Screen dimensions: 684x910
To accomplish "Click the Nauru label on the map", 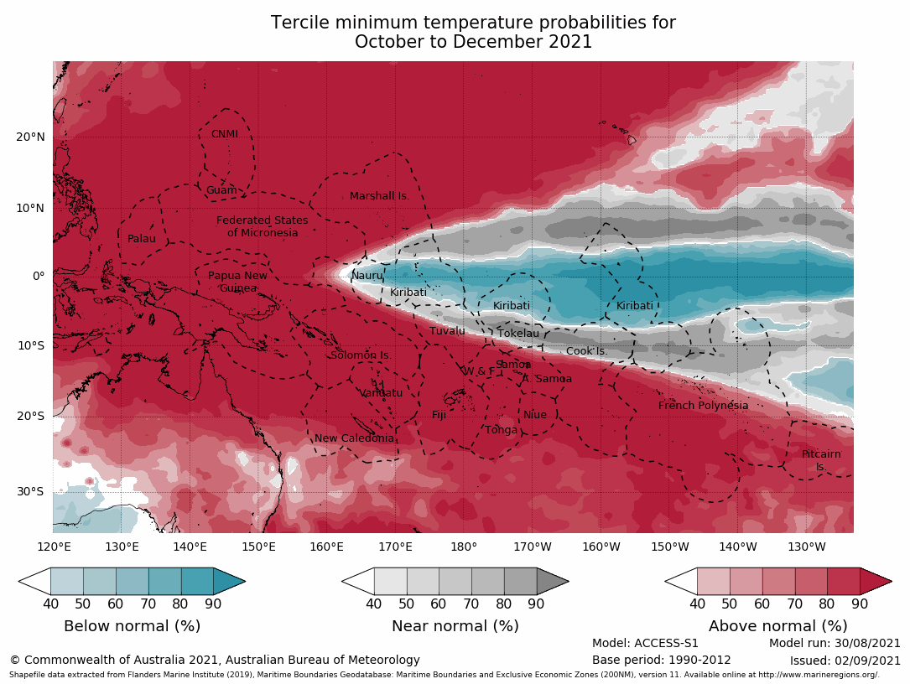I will click(367, 276).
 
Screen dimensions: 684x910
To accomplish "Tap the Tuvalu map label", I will click(447, 331).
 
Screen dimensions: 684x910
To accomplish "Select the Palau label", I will click(142, 239).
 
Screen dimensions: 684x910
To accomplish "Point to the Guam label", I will click(221, 190).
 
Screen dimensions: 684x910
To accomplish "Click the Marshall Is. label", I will click(379, 196).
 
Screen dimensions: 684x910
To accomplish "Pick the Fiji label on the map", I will click(439, 415).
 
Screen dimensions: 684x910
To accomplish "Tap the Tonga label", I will click(502, 430).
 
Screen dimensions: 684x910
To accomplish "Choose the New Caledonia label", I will click(354, 438).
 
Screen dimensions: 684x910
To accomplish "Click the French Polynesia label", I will click(703, 406).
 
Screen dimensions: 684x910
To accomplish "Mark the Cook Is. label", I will click(586, 351).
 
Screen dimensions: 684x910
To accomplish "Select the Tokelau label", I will click(518, 334).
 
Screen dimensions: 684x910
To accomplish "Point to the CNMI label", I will click(225, 134).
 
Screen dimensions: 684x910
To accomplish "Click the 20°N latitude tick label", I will click(30, 137).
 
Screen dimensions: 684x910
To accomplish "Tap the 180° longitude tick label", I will click(464, 547).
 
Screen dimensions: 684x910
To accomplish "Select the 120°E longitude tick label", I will click(54, 547).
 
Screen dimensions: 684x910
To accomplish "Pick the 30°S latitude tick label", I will click(30, 492).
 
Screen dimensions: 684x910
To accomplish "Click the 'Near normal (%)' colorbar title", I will click(455, 626).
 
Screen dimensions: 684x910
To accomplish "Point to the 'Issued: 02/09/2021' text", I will click(845, 661).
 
